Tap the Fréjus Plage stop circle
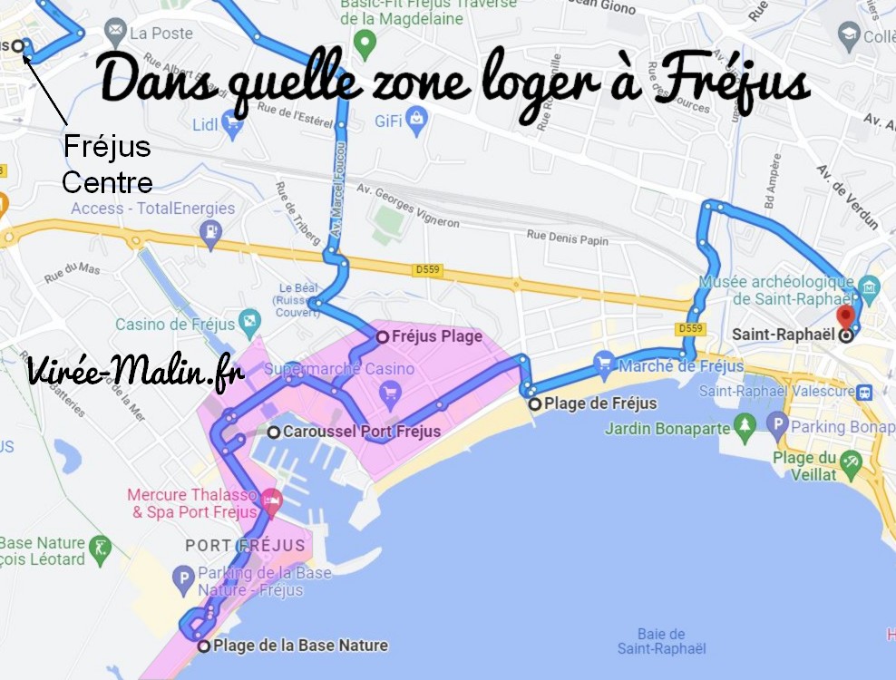(x=382, y=336)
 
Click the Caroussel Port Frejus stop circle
(x=273, y=432)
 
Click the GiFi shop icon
(x=416, y=116)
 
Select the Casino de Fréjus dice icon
(x=248, y=324)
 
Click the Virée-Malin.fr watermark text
(x=135, y=372)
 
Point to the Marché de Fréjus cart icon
(x=604, y=364)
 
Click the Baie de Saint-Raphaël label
(x=661, y=641)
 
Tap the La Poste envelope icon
(x=115, y=34)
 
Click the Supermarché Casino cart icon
(x=391, y=392)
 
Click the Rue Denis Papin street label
(x=568, y=238)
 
